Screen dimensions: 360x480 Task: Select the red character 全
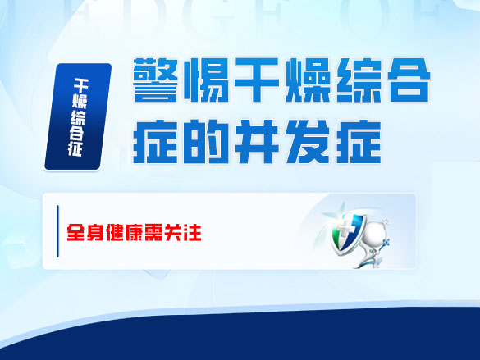click(x=78, y=232)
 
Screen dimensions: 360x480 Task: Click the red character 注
click(x=194, y=232)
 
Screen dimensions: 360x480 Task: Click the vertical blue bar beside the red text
click(x=57, y=232)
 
